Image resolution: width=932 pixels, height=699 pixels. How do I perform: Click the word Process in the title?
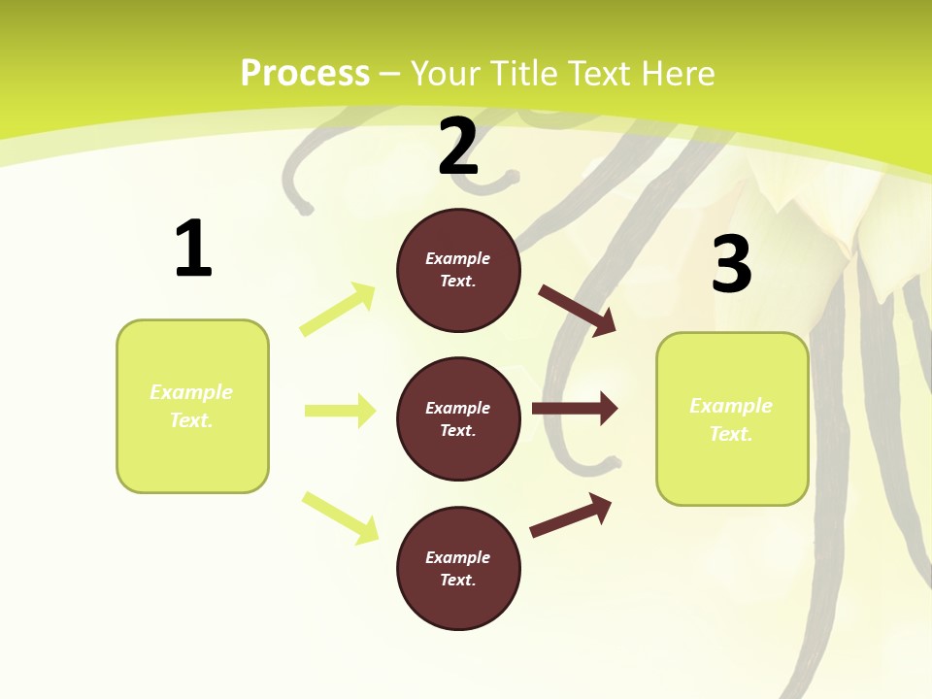305,74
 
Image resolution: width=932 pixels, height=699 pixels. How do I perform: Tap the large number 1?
193,250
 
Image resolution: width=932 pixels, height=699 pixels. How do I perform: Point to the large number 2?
458,147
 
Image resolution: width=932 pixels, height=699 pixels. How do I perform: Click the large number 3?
731,265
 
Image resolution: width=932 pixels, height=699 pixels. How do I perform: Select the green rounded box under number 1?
192,406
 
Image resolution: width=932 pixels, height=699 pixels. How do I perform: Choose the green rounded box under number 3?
732,419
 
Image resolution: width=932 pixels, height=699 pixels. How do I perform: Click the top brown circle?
458,270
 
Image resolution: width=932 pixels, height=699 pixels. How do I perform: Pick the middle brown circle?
458,418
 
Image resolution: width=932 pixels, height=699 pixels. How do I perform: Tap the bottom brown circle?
458,568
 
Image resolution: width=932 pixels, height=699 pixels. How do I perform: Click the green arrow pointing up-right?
338,310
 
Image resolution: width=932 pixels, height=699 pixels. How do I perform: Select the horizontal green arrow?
340,411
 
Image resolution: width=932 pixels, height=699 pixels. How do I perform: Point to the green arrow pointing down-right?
340,517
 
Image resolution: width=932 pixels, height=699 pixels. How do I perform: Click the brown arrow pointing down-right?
577,311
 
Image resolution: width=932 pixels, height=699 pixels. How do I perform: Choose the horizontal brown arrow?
574,409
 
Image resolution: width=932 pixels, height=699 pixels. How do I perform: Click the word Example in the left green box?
191,392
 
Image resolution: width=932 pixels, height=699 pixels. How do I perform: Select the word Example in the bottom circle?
458,557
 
